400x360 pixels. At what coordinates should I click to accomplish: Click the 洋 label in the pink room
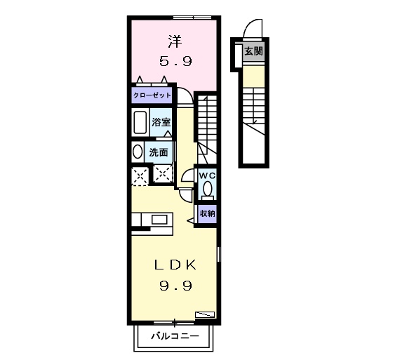click(175, 41)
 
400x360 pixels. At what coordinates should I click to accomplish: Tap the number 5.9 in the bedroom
click(175, 61)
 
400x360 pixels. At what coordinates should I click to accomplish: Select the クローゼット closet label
click(152, 95)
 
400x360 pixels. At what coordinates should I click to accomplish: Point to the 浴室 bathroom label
click(161, 122)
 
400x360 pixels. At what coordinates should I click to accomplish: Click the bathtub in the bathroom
click(140, 123)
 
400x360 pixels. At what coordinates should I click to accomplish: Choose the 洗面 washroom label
click(159, 152)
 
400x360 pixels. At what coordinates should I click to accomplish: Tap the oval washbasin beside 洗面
click(138, 152)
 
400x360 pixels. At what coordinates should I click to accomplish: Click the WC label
click(208, 175)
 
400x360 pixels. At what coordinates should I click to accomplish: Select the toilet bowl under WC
click(208, 189)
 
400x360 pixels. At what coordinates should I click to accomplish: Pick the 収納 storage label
click(208, 213)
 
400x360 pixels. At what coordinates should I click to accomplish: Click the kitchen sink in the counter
click(159, 220)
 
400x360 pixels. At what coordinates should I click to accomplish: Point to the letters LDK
click(175, 265)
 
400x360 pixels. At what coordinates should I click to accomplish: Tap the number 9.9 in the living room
click(175, 286)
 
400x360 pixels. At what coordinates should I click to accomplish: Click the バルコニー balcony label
click(175, 336)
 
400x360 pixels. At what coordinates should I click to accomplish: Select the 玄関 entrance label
click(253, 51)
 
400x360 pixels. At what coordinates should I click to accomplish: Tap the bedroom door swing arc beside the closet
click(189, 92)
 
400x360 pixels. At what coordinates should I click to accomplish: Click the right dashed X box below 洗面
click(163, 175)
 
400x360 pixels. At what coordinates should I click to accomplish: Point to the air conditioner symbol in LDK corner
click(205, 314)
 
